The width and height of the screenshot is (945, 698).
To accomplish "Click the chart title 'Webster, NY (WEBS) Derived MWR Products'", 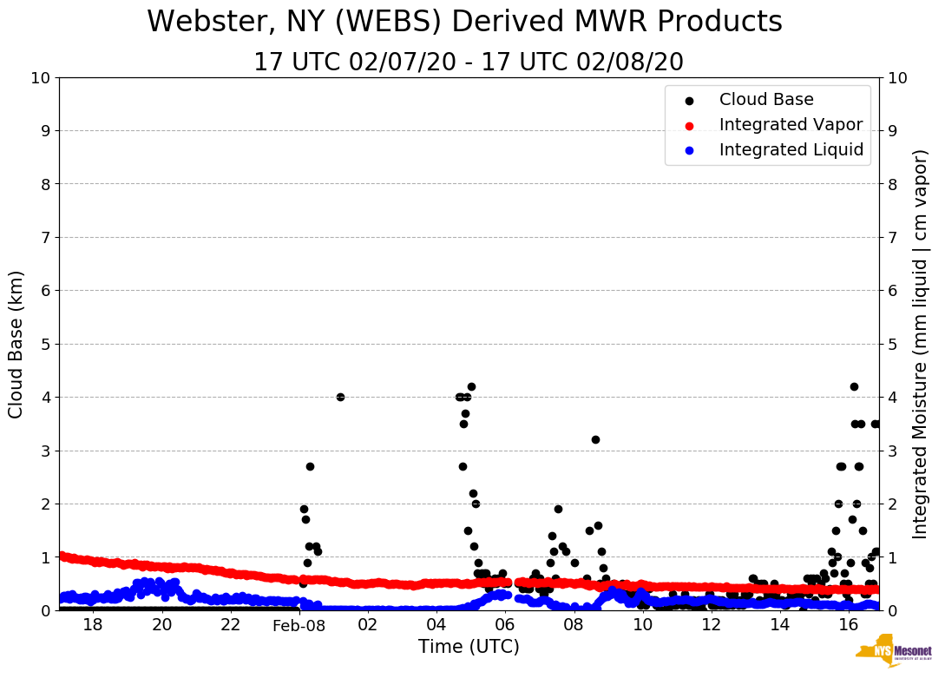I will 464,22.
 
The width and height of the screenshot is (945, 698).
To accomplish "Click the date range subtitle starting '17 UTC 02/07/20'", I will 469,63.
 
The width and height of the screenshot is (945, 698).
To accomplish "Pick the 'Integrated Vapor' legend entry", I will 791,125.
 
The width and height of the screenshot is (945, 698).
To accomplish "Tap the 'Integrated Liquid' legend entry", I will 791,150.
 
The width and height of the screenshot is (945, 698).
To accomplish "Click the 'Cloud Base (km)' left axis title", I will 16,344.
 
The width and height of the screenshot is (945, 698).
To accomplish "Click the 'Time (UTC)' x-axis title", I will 469,647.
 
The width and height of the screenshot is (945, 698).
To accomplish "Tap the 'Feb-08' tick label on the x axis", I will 299,626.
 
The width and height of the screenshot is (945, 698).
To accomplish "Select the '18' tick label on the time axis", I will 93,626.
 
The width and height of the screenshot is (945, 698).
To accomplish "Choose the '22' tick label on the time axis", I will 230,626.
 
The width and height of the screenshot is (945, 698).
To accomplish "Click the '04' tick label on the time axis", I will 436,626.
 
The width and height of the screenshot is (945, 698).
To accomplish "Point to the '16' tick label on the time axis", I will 848,626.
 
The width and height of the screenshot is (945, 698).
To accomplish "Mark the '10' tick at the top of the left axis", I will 40,78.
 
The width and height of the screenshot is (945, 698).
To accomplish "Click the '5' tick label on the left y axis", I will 45,344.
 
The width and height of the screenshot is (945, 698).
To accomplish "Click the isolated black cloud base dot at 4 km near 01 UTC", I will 340,397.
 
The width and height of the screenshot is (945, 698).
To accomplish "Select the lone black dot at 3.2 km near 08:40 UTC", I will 595,439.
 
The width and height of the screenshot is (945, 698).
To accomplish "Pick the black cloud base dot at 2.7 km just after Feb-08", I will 310,466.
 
